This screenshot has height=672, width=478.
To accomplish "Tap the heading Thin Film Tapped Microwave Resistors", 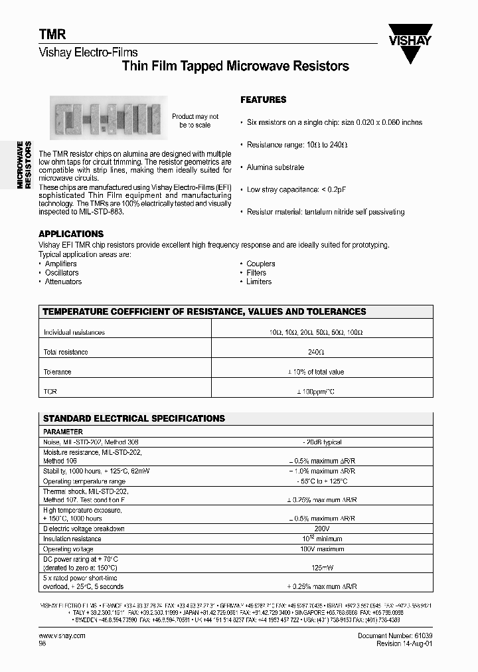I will (x=236, y=66).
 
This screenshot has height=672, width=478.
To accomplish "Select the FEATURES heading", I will (x=263, y=100).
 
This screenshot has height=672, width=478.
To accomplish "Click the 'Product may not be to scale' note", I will (x=195, y=121).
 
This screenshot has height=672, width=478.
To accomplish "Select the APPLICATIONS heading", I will (x=71, y=234).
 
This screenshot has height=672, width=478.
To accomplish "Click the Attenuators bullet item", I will (x=63, y=282).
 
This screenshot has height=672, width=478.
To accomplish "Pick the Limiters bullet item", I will (x=258, y=282).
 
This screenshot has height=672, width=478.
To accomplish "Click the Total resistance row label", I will (x=66, y=352).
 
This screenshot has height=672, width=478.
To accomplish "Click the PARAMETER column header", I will (x=62, y=432).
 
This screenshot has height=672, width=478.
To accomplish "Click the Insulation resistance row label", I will (x=72, y=539).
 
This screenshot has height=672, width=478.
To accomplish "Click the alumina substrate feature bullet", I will (x=275, y=167).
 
